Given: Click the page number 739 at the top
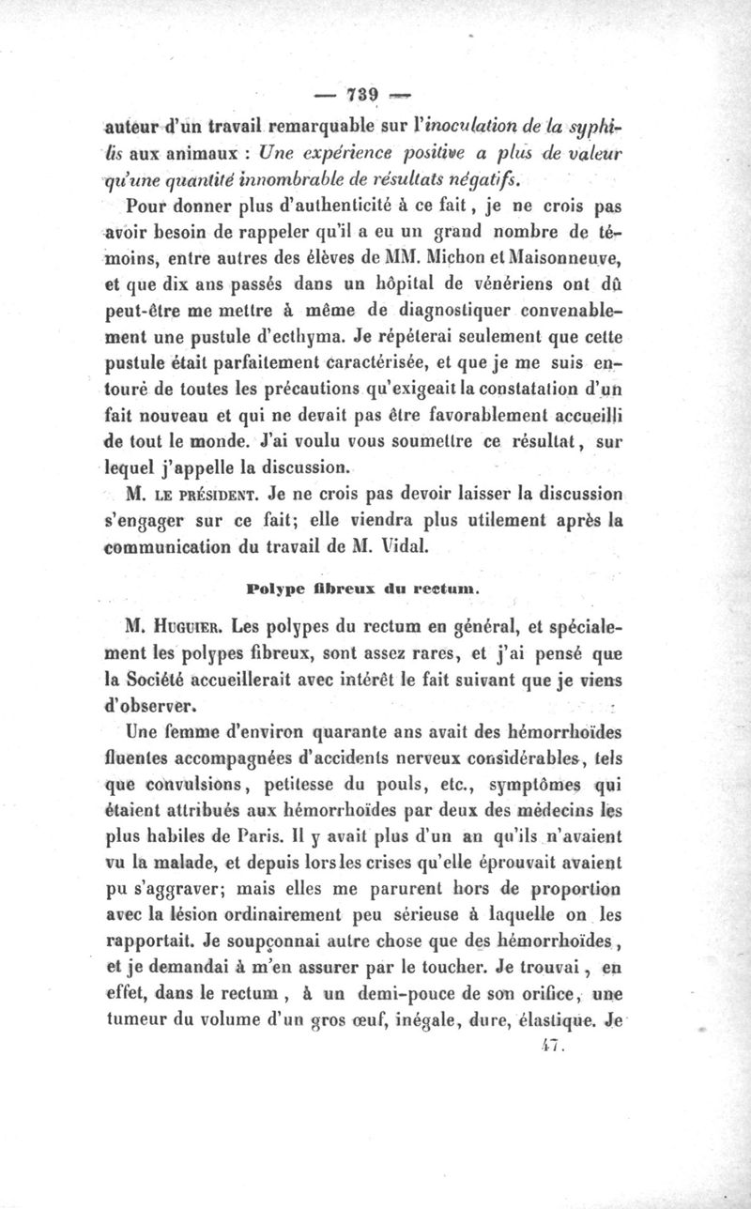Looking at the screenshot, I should tap(361, 94).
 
